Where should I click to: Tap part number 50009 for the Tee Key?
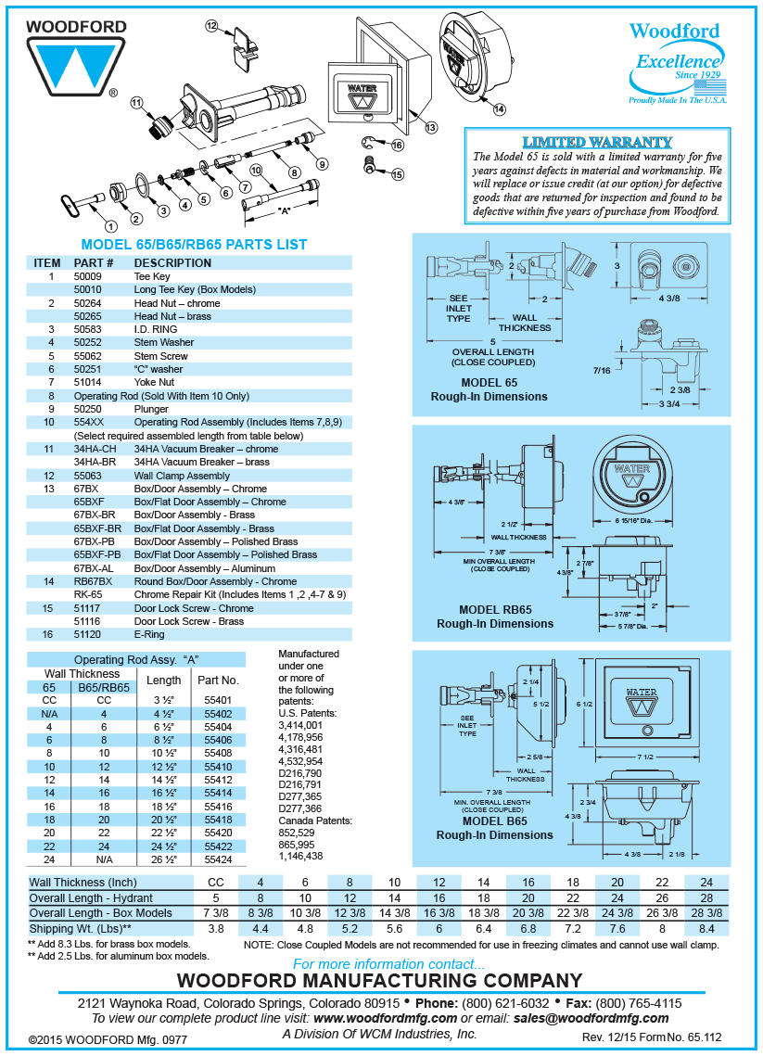point(88,276)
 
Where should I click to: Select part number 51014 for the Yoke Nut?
point(88,382)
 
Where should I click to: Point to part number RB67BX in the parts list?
point(93,581)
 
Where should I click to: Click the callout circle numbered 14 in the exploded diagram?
point(500,108)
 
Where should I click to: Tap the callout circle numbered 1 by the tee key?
point(110,225)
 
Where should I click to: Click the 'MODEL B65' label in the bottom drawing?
point(494,821)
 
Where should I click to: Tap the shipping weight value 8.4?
point(706,928)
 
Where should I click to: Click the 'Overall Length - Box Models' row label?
point(100,913)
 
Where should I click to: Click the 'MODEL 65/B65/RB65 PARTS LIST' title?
point(194,245)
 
